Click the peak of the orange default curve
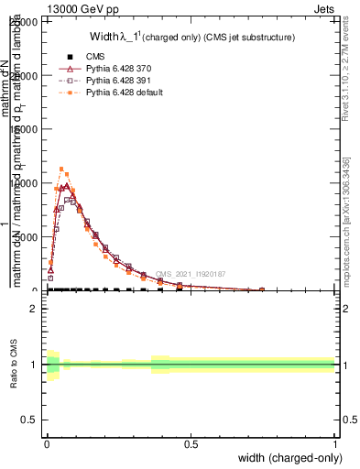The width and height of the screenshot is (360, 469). click(61, 169)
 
